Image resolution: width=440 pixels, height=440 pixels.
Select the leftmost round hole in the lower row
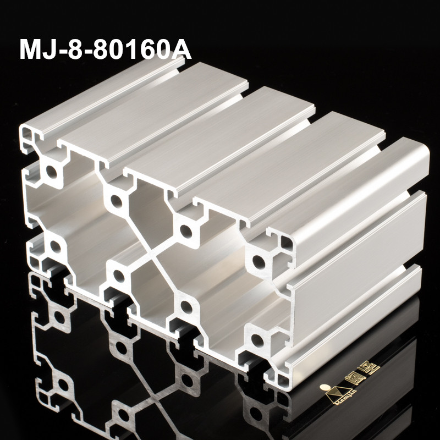pyautogui.click(x=55, y=245)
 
